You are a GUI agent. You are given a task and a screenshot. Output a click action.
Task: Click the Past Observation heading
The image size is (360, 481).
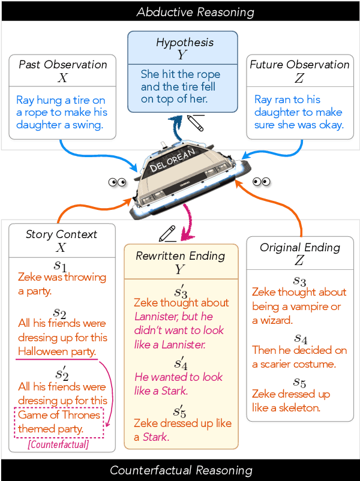point(62,64)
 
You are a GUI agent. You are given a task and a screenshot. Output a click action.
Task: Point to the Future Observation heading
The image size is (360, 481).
point(299,64)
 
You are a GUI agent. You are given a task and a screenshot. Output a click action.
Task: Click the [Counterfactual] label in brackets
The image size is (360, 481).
point(58,444)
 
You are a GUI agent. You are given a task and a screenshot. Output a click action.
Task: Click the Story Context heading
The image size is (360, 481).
point(61,235)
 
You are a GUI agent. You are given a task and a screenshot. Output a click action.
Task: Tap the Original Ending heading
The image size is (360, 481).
point(299,247)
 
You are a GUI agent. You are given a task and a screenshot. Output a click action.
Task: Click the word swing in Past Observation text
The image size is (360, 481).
point(89,125)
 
